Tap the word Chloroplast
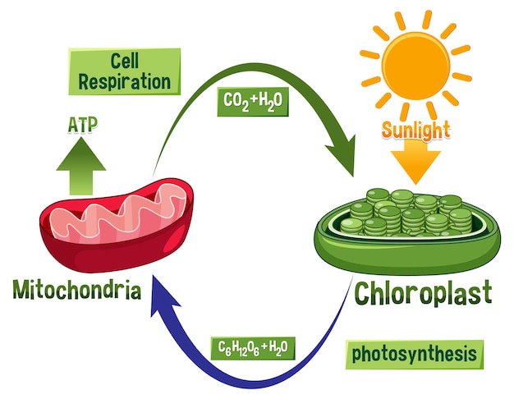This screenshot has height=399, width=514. [x=423, y=291]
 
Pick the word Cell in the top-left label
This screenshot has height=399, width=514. [x=124, y=61]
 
